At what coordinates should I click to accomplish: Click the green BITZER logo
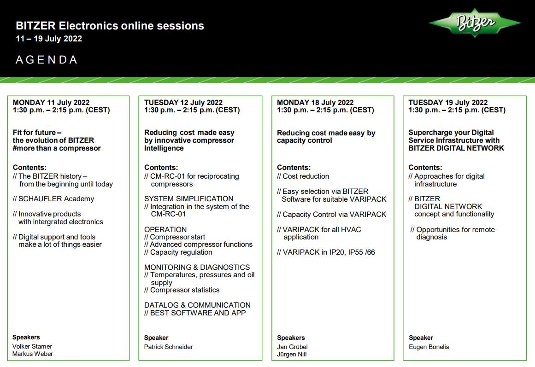(x=475, y=23)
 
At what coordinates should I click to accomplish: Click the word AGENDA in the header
(x=47, y=60)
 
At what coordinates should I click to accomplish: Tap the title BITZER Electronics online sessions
(x=110, y=26)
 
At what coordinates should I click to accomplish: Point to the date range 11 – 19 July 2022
(x=49, y=39)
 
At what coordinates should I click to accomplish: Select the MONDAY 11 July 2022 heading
(x=51, y=102)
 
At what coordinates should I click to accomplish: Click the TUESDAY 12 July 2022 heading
(x=183, y=102)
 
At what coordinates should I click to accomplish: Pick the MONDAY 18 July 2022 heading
(x=315, y=102)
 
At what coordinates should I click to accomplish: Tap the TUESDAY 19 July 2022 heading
(x=448, y=102)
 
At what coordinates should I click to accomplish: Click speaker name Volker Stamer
(x=32, y=346)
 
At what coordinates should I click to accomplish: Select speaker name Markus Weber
(x=32, y=354)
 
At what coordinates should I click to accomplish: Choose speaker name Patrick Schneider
(x=168, y=347)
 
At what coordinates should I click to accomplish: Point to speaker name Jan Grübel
(x=293, y=347)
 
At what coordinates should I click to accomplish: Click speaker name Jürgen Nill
(x=292, y=355)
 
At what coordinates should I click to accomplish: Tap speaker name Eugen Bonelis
(x=429, y=347)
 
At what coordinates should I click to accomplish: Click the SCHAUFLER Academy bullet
(x=53, y=199)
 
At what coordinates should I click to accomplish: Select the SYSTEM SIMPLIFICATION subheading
(x=188, y=199)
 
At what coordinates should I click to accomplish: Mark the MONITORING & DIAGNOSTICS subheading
(x=197, y=268)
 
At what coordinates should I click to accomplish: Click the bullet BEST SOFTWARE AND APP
(x=195, y=313)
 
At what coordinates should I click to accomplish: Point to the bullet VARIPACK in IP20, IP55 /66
(x=326, y=252)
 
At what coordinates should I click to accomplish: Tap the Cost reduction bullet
(x=303, y=176)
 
